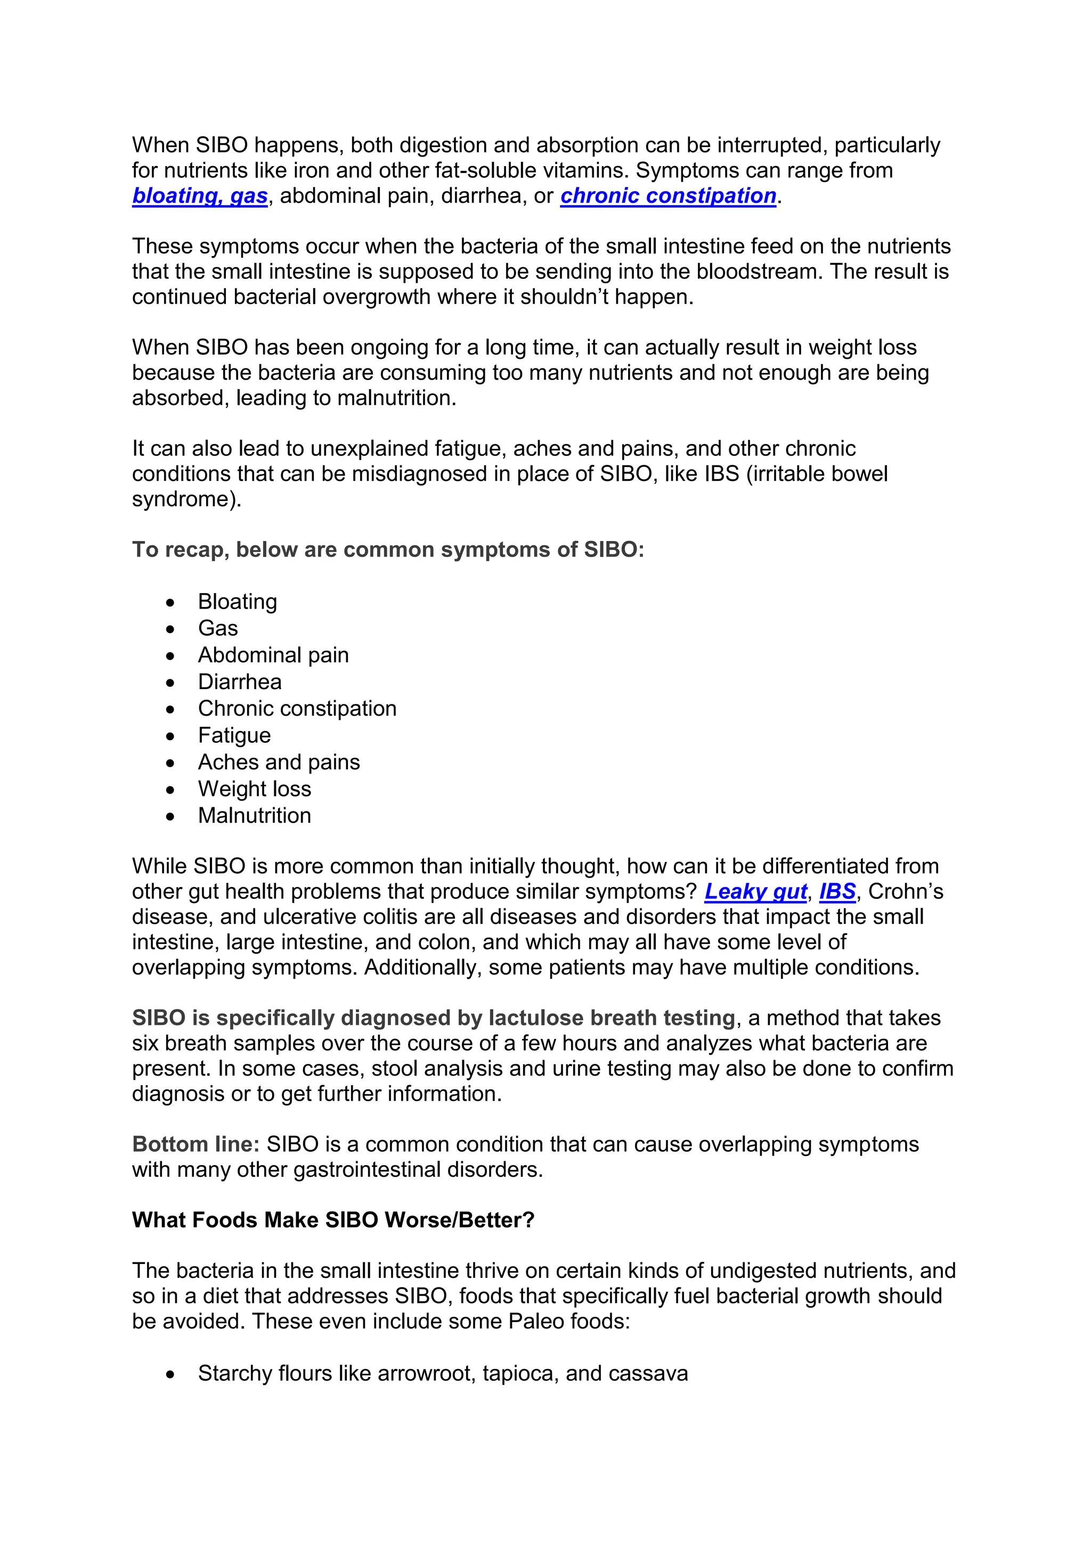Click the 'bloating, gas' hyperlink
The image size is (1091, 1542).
pyautogui.click(x=200, y=195)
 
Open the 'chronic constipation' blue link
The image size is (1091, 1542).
pyautogui.click(x=668, y=195)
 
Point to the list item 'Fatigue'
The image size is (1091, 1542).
pyautogui.click(x=234, y=735)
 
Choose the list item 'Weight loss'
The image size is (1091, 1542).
pyautogui.click(x=254, y=789)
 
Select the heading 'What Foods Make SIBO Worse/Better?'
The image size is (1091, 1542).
pyautogui.click(x=333, y=1220)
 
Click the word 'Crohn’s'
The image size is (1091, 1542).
pyautogui.click(x=906, y=891)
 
